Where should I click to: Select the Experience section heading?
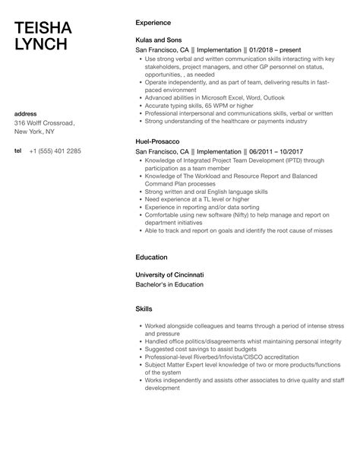coord(154,23)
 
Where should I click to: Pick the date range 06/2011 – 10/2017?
coord(251,151)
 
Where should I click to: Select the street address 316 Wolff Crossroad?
coord(44,122)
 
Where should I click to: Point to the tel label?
coord(18,151)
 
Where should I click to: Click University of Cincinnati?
coord(170,274)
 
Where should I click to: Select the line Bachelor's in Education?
coord(169,284)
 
